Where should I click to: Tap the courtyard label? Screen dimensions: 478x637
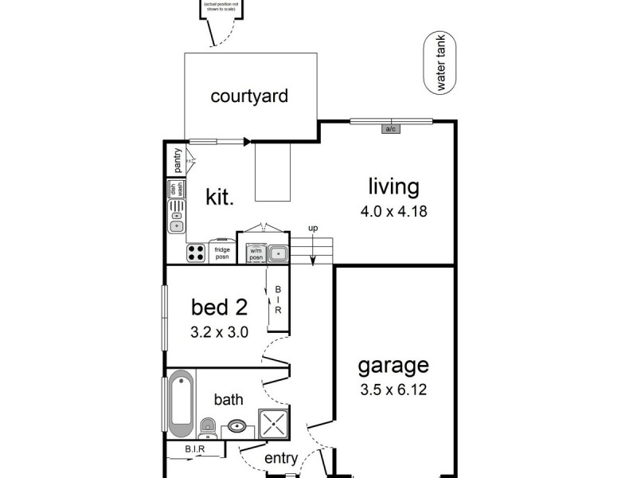(x=248, y=96)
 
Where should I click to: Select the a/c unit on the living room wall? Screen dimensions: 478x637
(x=390, y=129)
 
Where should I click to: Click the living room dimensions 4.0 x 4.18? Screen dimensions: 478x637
(x=393, y=213)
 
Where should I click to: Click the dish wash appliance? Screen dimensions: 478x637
(x=176, y=190)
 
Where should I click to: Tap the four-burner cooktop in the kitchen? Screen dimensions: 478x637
(x=197, y=253)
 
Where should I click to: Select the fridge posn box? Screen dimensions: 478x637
(x=222, y=253)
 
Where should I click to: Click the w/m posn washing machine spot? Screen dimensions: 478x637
(x=256, y=253)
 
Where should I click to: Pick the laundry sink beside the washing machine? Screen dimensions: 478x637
(x=276, y=254)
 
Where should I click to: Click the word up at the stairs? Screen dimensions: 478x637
(x=313, y=229)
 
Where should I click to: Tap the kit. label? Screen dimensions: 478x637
(x=220, y=197)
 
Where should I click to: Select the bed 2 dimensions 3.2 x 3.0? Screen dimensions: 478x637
(x=219, y=332)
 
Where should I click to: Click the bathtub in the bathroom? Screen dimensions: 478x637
(x=180, y=404)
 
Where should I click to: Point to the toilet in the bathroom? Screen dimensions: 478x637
(x=206, y=426)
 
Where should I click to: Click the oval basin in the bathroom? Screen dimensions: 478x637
(x=237, y=426)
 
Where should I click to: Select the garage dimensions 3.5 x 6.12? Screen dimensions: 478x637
(x=393, y=391)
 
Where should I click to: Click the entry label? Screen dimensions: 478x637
(x=280, y=458)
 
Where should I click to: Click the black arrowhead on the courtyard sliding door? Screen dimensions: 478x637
(x=247, y=142)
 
